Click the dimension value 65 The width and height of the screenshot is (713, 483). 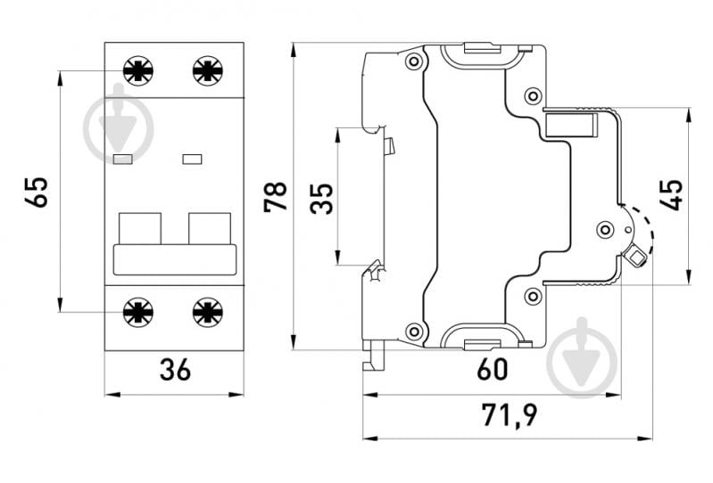coord(36,192)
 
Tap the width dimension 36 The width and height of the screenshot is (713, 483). coord(175,370)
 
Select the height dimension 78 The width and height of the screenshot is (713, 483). coord(276,197)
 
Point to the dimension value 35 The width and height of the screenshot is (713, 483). coord(321,199)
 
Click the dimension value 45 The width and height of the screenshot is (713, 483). coord(671,195)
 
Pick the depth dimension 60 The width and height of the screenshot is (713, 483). coord(493,369)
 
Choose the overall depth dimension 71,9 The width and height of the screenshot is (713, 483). coord(510,415)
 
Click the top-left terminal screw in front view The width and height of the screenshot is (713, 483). coord(138,70)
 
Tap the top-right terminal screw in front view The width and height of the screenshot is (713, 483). coord(208,70)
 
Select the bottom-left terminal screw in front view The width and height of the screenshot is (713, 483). coord(138,312)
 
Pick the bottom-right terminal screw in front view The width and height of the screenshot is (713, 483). coord(208,312)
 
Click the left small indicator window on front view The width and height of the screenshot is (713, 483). coord(123,160)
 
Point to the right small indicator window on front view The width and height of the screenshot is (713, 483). coord(192,160)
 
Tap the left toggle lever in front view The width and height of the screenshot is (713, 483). coord(140,228)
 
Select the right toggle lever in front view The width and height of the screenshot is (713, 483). coord(210,228)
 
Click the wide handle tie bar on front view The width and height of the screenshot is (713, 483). coord(175,259)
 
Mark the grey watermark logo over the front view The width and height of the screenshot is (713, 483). coord(119,124)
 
